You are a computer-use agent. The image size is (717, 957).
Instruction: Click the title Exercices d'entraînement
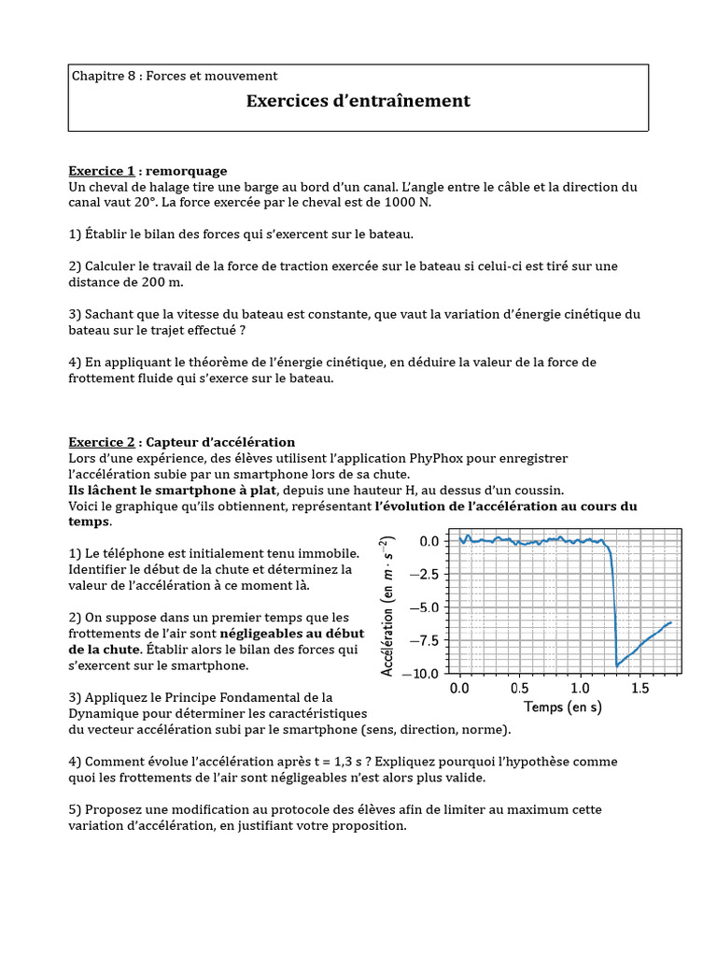358,101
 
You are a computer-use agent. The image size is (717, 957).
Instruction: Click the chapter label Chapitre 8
105,76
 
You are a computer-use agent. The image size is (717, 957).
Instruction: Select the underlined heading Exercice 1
102,171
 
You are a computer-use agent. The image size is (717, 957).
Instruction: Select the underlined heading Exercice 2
102,442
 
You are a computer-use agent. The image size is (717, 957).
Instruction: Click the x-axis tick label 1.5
640,689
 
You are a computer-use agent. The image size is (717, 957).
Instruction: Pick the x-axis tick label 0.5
520,689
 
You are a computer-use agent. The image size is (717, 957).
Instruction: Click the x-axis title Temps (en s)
563,707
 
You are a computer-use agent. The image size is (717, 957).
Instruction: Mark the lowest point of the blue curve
617,665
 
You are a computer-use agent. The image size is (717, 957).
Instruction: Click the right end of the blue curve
670,621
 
